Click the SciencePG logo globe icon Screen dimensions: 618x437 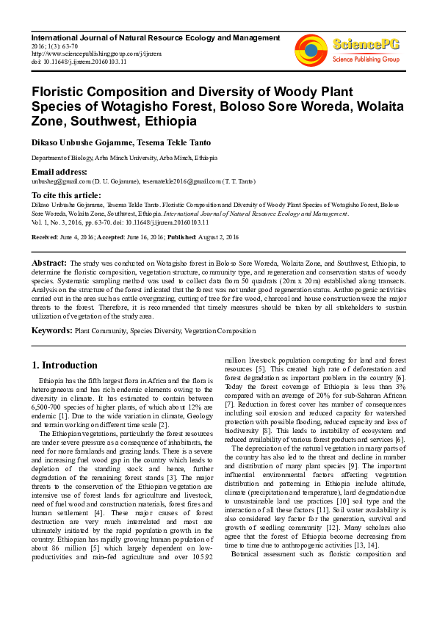click(x=311, y=49)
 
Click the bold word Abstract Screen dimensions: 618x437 click(x=49, y=263)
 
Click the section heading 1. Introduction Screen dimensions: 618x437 click(x=65, y=365)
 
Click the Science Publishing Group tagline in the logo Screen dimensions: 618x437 click(x=366, y=58)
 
